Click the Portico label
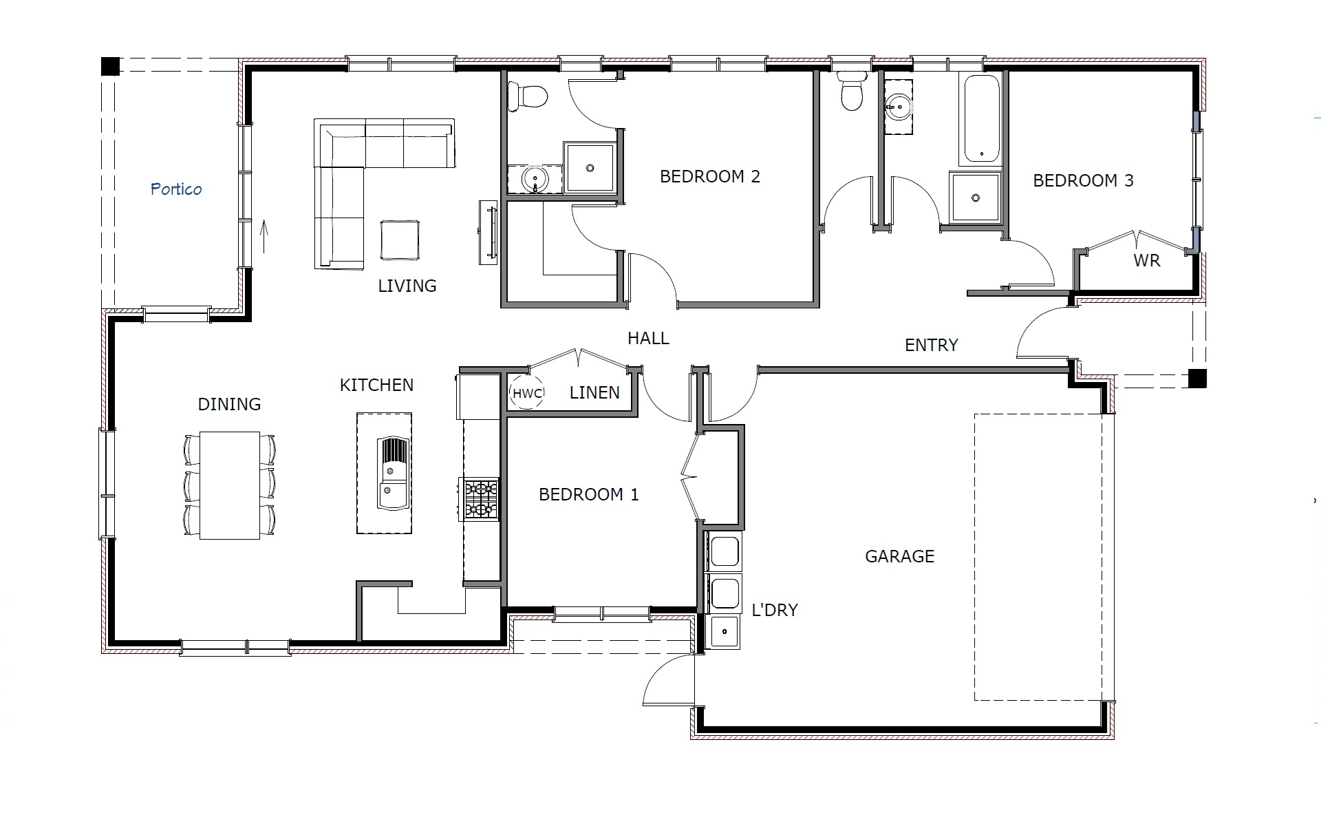click(176, 189)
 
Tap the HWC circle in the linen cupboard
click(527, 393)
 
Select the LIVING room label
click(407, 286)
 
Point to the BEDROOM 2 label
click(710, 176)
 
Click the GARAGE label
click(899, 556)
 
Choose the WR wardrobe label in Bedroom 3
click(1147, 261)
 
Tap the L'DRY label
click(775, 610)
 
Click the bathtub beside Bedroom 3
click(980, 119)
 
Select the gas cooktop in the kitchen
click(480, 499)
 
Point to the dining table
click(230, 485)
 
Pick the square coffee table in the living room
click(400, 240)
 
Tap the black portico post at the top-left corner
click(110, 66)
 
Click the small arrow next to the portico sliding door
click(264, 236)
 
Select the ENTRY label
click(932, 345)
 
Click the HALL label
click(648, 338)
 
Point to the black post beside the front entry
click(1197, 379)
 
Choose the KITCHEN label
click(377, 385)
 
